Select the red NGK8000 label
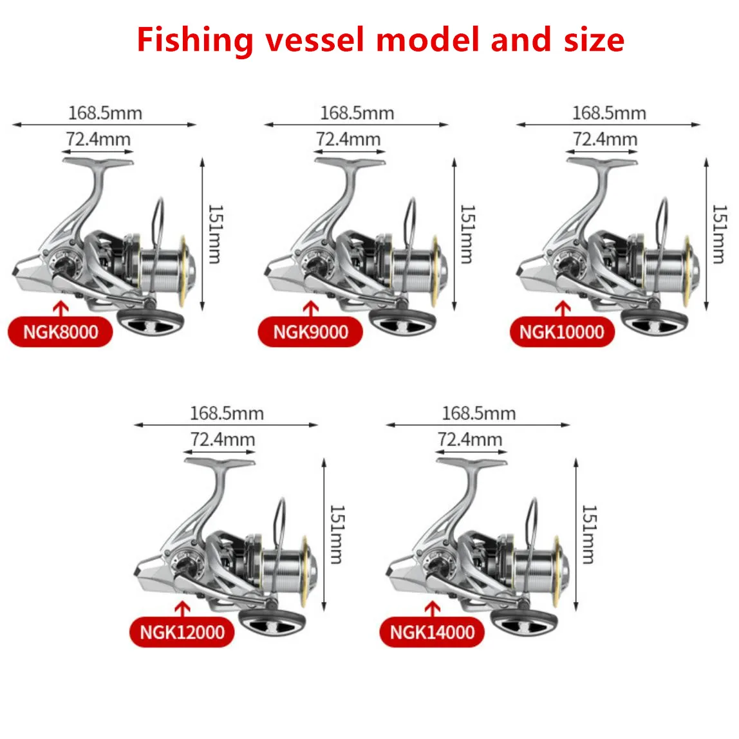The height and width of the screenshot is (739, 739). click(x=61, y=332)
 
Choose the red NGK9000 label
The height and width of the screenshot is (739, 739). click(x=310, y=332)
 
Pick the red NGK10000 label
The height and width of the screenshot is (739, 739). click(x=562, y=332)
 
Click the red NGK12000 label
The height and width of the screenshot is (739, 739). click(x=183, y=632)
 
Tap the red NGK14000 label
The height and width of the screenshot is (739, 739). click(x=433, y=632)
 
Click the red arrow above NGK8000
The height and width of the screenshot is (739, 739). click(x=61, y=308)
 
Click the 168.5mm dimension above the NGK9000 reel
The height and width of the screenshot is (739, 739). click(x=357, y=113)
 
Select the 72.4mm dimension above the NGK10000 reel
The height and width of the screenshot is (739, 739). click(x=605, y=139)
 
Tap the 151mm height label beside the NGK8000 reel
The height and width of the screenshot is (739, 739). click(x=215, y=234)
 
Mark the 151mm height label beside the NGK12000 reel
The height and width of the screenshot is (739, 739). click(x=336, y=534)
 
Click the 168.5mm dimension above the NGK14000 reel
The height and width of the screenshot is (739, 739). click(x=479, y=413)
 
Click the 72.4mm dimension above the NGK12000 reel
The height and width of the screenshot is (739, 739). click(x=223, y=440)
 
